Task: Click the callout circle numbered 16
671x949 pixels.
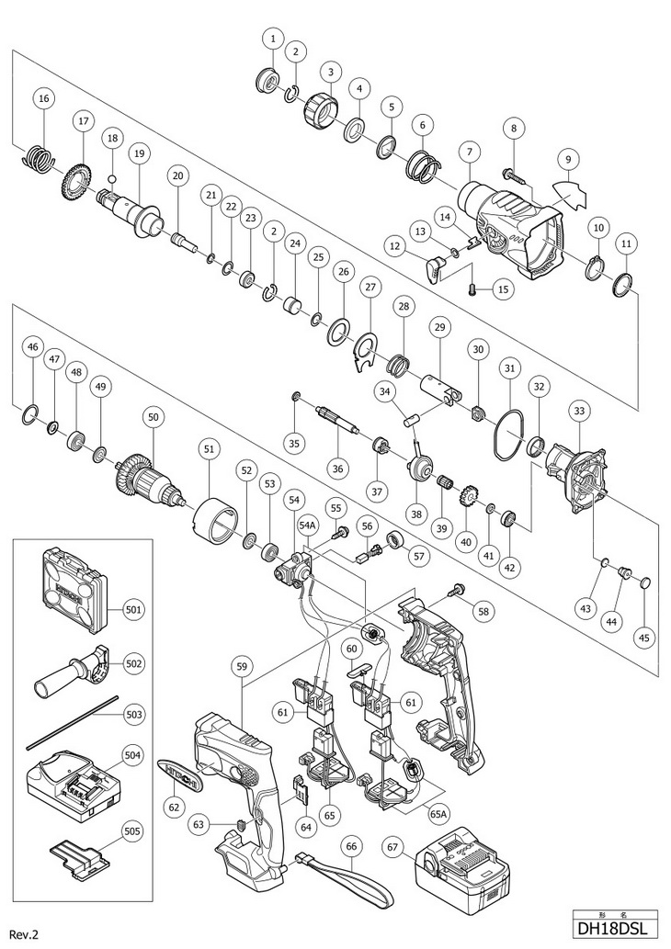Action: (42, 98)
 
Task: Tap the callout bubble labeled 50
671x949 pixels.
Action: (153, 416)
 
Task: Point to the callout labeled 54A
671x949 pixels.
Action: (306, 524)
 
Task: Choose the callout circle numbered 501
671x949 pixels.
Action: (134, 609)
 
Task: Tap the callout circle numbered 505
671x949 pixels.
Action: (134, 831)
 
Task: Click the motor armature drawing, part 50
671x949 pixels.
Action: (152, 476)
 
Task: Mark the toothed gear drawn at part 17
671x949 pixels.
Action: (73, 179)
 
